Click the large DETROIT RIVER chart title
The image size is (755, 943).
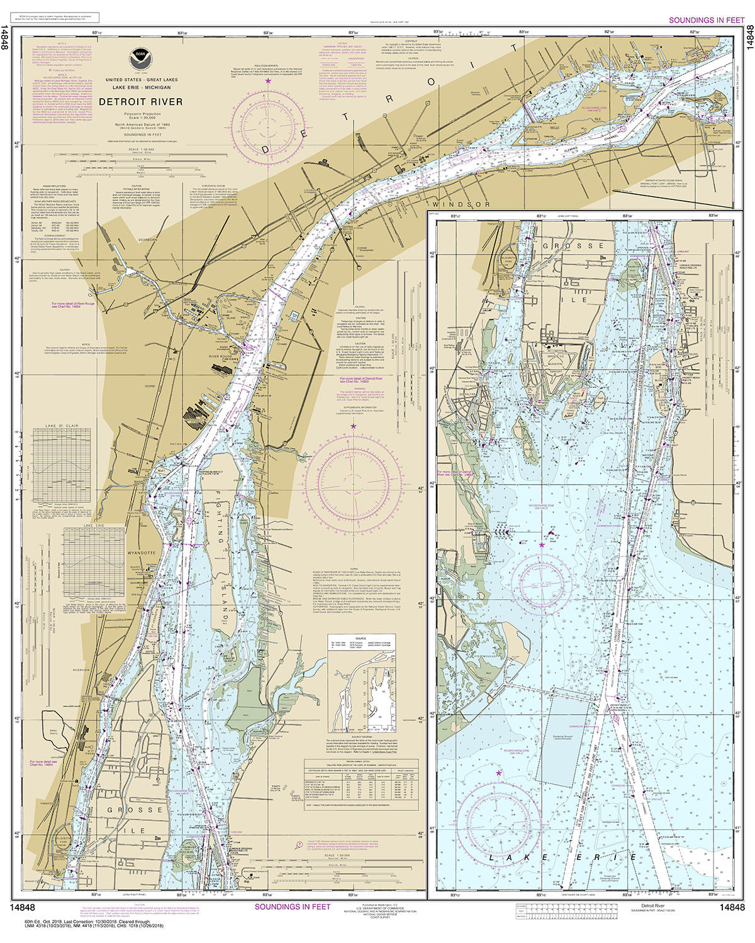141,102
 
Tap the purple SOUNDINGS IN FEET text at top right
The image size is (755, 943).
706,20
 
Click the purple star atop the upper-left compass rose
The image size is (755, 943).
269,82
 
